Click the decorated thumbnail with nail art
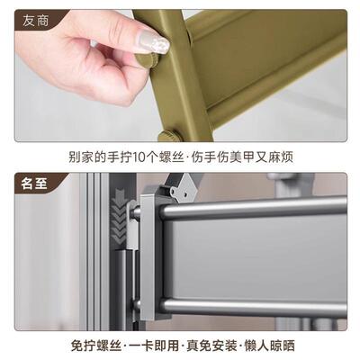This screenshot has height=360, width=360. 148,41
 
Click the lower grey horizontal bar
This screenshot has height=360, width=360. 252,306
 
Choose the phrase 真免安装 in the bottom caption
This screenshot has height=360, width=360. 209,345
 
